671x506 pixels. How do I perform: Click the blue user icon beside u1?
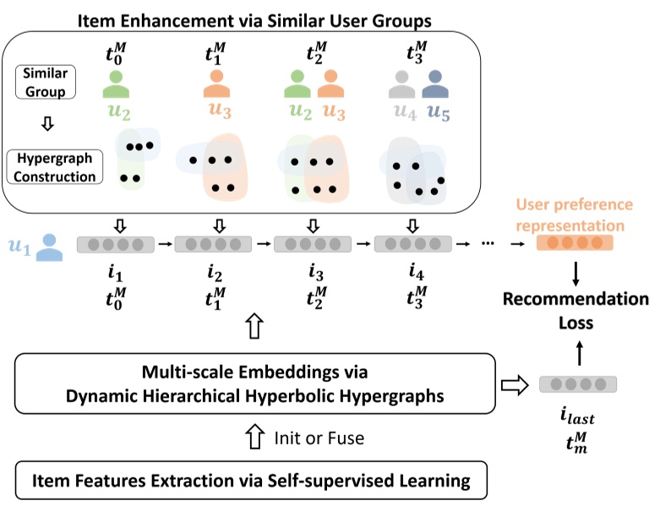click(x=52, y=246)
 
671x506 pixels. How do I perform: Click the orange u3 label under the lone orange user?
click(x=218, y=110)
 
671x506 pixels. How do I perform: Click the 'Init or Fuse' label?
click(x=317, y=438)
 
